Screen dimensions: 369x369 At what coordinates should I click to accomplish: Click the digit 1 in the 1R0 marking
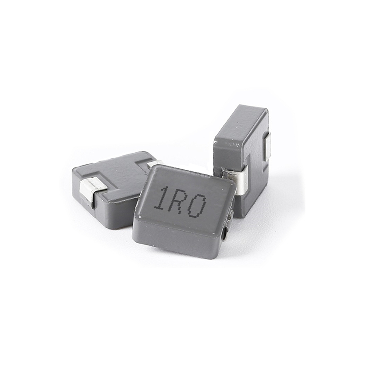pos(161,199)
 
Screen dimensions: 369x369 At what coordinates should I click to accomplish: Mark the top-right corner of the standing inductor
pos(266,109)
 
